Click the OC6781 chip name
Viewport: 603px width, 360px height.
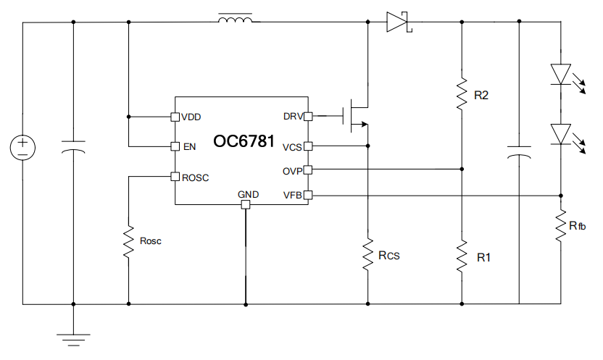244,141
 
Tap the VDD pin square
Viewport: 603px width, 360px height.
175,117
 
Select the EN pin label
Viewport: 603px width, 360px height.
190,147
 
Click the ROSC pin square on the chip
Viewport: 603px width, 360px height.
175,177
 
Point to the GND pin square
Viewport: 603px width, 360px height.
246,205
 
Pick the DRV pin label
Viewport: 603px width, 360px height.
293,117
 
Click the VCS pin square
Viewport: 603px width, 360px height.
308,146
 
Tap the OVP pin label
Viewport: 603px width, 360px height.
293,172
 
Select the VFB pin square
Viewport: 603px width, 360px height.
308,195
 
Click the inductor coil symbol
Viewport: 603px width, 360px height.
236,18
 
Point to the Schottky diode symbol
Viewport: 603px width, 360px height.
399,22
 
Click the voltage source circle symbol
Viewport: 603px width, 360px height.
22,148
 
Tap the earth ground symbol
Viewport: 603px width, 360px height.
73,340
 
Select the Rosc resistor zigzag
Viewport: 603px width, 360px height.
128,242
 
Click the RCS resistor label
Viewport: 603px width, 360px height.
389,256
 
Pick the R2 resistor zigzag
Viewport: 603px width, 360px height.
462,94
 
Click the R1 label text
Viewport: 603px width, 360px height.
484,257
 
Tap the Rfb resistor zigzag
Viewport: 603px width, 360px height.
561,226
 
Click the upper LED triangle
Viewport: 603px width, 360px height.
561,74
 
